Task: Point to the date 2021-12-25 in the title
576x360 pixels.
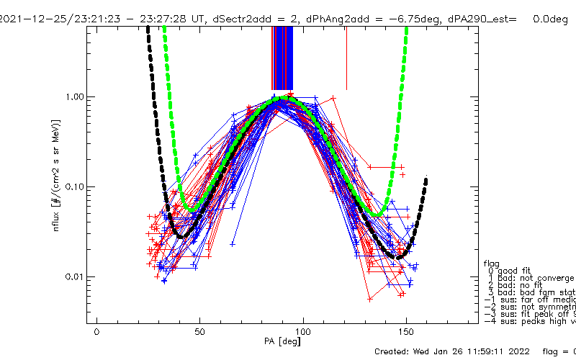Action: coord(30,19)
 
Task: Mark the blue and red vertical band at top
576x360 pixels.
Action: coord(282,58)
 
